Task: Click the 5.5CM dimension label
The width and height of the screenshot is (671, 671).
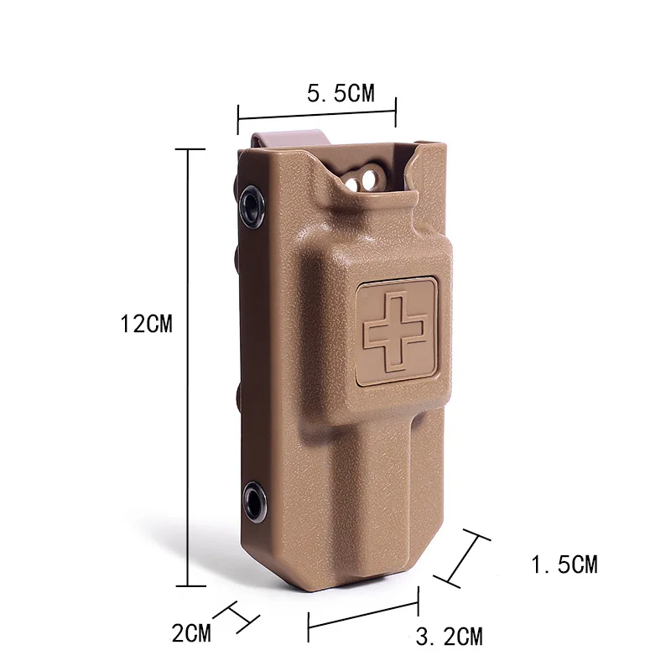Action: (341, 93)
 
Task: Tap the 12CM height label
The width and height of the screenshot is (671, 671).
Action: (146, 324)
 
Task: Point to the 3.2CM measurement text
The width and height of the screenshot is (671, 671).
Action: (450, 637)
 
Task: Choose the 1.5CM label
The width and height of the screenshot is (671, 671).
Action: (564, 564)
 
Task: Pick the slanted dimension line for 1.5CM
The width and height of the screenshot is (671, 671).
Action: (461, 559)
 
